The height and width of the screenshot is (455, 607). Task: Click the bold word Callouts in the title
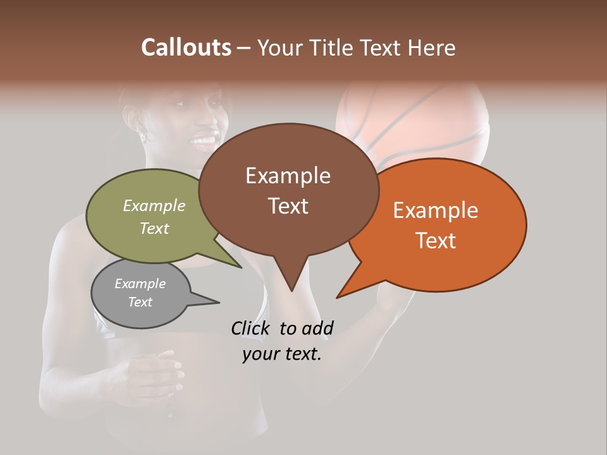tap(186, 47)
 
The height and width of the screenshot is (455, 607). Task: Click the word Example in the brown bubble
tap(288, 176)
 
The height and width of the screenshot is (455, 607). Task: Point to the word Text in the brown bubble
tap(288, 206)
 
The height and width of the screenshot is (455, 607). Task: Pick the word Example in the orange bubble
tap(436, 210)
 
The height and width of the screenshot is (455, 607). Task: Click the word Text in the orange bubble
tap(436, 241)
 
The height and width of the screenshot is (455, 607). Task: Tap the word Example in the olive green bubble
tap(154, 205)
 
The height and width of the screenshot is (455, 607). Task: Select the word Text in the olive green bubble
tap(154, 228)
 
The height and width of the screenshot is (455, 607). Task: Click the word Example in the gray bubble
tap(140, 284)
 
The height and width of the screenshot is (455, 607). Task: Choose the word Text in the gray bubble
tap(140, 302)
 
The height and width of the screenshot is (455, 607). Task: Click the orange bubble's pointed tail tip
tap(338, 297)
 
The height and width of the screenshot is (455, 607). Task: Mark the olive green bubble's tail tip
tap(241, 267)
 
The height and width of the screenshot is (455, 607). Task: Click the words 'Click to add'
tap(282, 328)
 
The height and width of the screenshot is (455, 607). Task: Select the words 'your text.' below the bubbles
tap(282, 354)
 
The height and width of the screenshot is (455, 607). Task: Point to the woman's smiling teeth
tap(204, 137)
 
